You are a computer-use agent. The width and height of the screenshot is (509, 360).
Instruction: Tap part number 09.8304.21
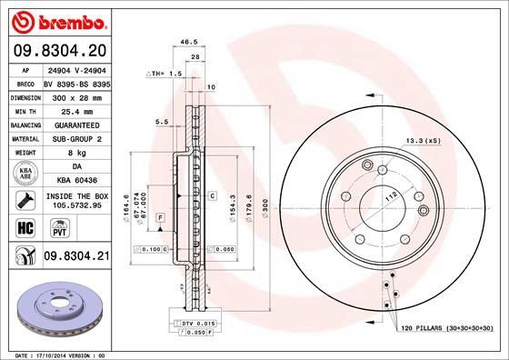pyautogui.click(x=77, y=258)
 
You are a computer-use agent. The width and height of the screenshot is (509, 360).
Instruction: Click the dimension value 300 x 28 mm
pyautogui.click(x=77, y=95)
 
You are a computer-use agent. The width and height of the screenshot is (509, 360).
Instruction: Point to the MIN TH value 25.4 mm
pyautogui.click(x=77, y=109)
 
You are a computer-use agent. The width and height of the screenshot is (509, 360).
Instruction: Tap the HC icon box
pyautogui.click(x=25, y=227)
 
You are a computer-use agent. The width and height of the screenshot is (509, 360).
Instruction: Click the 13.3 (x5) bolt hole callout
pyautogui.click(x=424, y=140)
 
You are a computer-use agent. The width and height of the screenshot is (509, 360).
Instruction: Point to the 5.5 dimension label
pyautogui.click(x=164, y=121)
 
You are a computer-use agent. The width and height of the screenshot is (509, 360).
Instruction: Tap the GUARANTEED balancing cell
pyautogui.click(x=77, y=124)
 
